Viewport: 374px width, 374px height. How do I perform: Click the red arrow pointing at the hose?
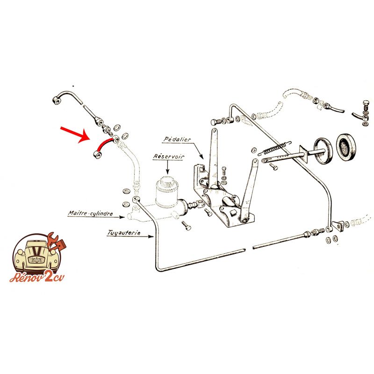pyautogui.click(x=74, y=134)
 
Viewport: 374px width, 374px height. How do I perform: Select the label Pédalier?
pyautogui.click(x=177, y=139)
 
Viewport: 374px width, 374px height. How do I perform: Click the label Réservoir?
pyautogui.click(x=169, y=157)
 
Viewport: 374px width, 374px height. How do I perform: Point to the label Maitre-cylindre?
pyautogui.click(x=90, y=213)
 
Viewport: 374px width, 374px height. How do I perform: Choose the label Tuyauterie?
pyautogui.click(x=124, y=232)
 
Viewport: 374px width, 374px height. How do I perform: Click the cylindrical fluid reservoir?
pyautogui.click(x=166, y=191)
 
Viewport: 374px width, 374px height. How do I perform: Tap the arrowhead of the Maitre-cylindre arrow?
pyautogui.click(x=122, y=217)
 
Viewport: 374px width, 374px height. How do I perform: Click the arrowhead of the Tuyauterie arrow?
pyautogui.click(x=151, y=237)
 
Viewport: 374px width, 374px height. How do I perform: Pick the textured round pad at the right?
pyautogui.click(x=345, y=147)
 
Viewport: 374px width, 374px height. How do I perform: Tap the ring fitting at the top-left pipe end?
pyautogui.click(x=57, y=100)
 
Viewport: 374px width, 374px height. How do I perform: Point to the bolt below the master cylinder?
pyautogui.click(x=186, y=225)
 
